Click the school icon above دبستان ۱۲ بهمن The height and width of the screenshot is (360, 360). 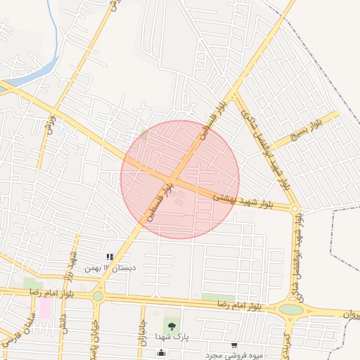pos(109,257)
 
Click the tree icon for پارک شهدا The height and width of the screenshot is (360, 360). pos(169,326)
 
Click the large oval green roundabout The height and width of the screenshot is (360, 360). pos(291,309)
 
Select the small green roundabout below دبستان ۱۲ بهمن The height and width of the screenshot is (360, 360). pos(98,296)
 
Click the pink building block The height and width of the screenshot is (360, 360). pos(45,307)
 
